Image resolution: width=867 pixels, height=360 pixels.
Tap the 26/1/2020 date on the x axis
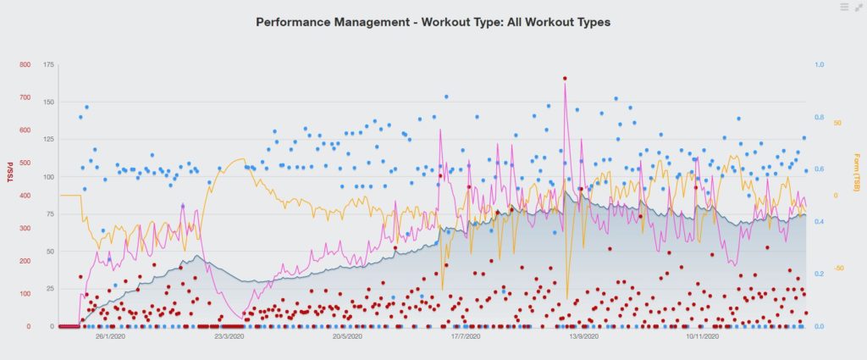point(110,337)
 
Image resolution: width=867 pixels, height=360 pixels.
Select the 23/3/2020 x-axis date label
point(229,337)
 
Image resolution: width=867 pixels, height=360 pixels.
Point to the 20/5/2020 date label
point(347,337)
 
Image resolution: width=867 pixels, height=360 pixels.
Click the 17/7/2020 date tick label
point(466,337)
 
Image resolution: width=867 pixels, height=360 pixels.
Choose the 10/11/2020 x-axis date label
point(702,337)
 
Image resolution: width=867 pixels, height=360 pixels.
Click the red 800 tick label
point(24,65)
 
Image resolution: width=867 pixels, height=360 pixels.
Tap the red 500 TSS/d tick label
point(24,163)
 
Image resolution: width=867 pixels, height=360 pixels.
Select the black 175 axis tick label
point(48,65)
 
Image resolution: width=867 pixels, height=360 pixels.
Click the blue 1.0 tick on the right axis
point(820,65)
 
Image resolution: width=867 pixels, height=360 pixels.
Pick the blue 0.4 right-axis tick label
point(820,222)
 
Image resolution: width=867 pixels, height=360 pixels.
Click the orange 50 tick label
point(837,123)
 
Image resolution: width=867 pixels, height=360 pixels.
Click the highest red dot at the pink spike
point(565,78)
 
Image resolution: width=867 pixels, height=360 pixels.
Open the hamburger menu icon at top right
point(844,7)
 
